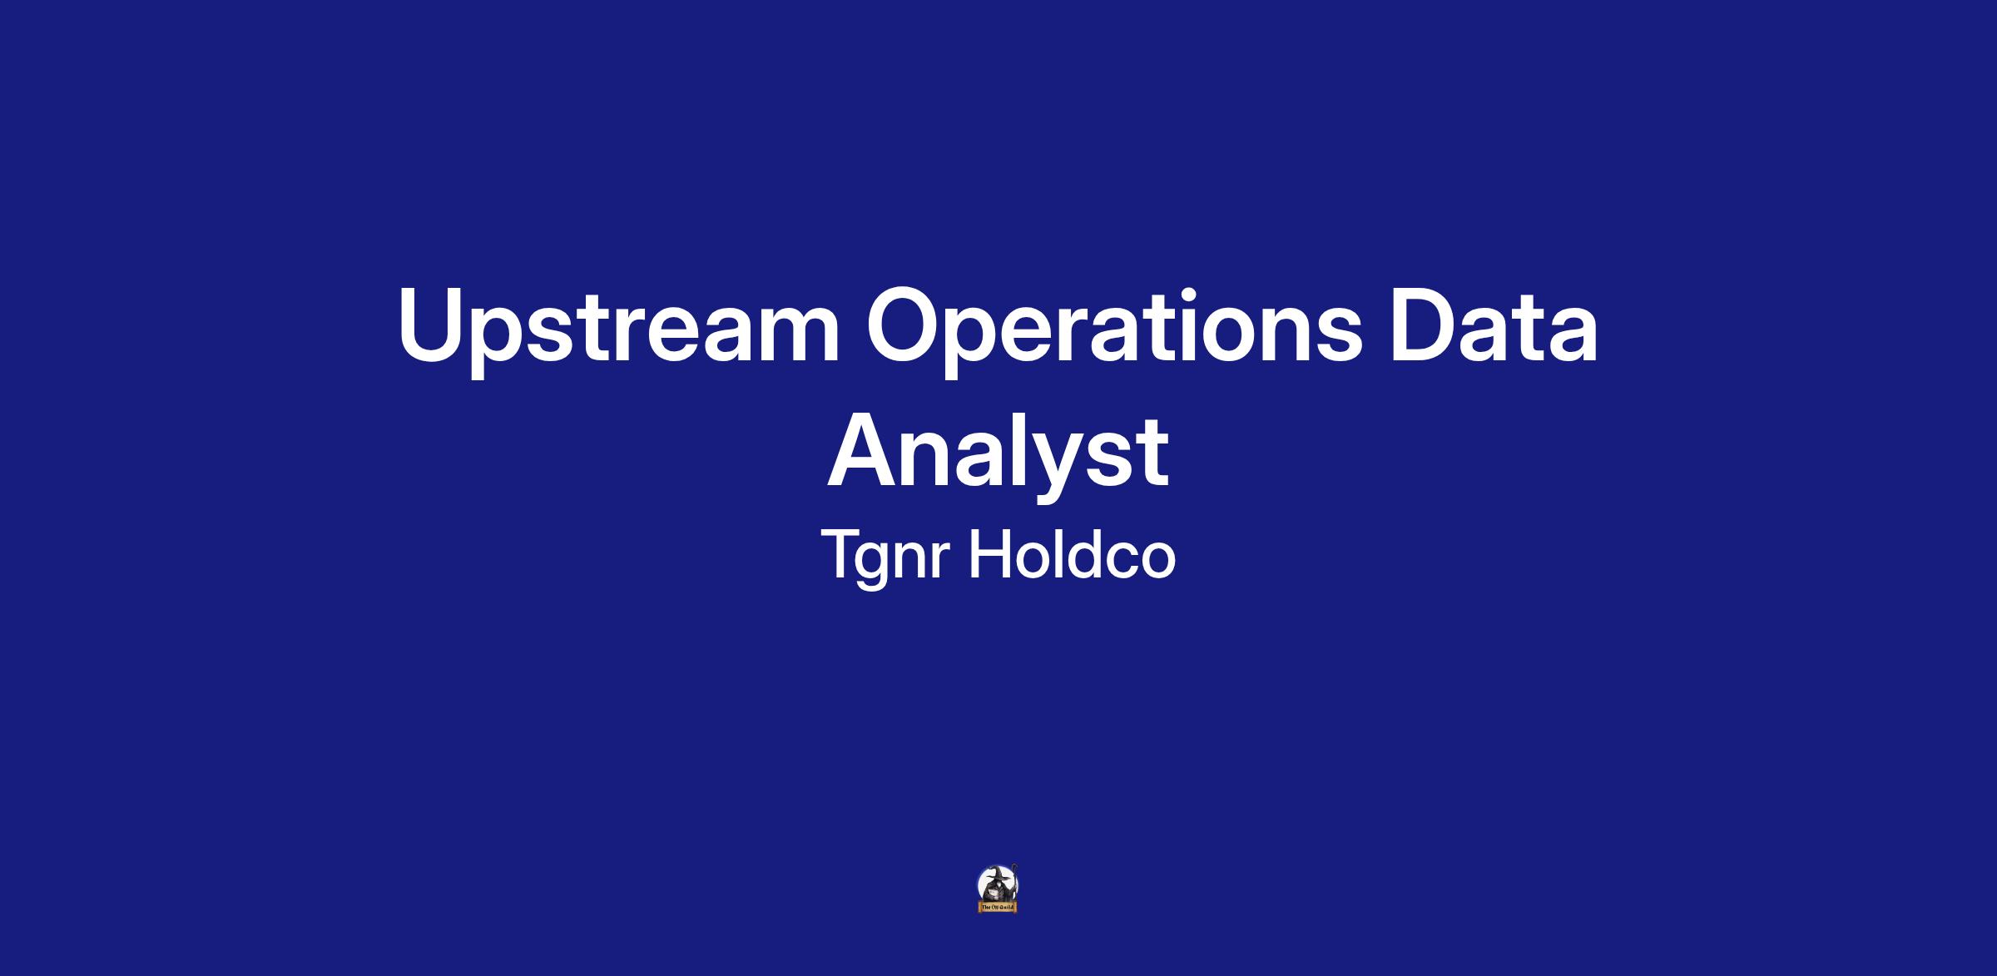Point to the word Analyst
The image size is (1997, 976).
[998, 456]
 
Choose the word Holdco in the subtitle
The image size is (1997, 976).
[1072, 552]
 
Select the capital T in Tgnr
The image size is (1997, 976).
[843, 553]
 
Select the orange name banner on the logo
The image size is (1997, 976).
[998, 907]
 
